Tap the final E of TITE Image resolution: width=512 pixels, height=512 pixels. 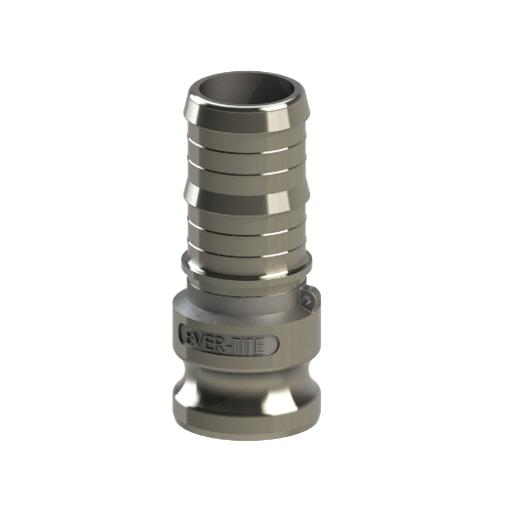click(258, 346)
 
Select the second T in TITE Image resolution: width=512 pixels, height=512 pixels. click(249, 346)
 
